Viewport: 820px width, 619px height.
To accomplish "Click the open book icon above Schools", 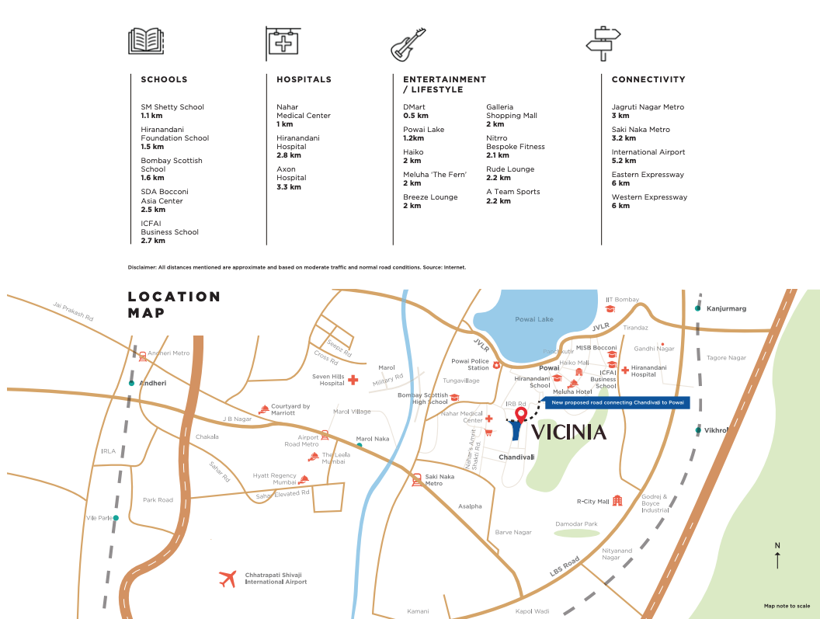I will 146,40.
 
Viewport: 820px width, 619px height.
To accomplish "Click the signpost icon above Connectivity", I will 603,43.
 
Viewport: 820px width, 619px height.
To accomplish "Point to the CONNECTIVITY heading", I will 648,79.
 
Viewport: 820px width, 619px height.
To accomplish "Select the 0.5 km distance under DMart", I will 415,116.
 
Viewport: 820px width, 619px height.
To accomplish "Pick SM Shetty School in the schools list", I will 172,107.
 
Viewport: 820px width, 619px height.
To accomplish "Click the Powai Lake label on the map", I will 534,319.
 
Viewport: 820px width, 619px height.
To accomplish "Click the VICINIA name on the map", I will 568,433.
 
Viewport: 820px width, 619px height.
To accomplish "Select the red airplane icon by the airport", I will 228,579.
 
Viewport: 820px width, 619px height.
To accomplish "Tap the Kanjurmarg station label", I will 726,309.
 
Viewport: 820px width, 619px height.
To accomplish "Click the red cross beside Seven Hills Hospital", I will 353,380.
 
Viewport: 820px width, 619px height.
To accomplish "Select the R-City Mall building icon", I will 617,501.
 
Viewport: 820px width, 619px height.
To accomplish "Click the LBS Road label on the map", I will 565,567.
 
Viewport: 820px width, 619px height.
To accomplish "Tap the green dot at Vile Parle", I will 116,518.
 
